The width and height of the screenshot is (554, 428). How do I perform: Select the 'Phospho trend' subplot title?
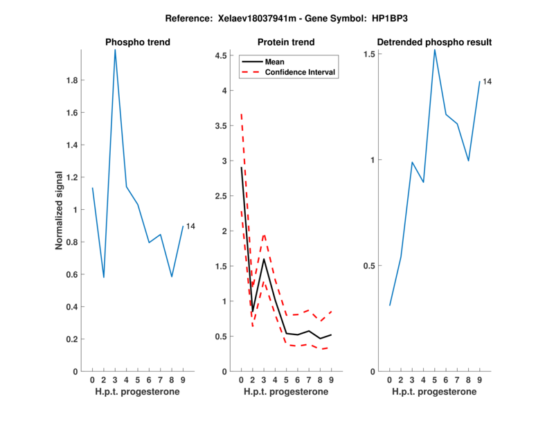137,42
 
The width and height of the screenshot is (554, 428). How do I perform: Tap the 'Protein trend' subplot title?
286,42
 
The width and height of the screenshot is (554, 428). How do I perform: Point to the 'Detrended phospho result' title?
434,42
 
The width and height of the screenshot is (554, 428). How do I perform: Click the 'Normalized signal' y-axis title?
60,211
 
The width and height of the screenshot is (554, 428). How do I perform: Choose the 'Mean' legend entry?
275,62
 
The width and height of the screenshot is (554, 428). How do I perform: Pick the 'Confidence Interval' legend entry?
301,73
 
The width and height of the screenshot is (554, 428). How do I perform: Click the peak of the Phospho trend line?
115,49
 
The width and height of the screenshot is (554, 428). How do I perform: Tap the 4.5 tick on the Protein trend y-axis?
223,55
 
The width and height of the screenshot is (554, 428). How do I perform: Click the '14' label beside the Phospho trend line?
191,226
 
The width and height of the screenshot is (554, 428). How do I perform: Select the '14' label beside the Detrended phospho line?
487,82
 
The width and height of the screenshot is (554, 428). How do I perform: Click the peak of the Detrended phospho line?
435,49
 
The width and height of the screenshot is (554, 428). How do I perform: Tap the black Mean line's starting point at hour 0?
241,168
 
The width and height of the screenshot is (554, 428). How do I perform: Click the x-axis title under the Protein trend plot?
286,392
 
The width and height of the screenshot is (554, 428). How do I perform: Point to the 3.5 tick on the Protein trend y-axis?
223,126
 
